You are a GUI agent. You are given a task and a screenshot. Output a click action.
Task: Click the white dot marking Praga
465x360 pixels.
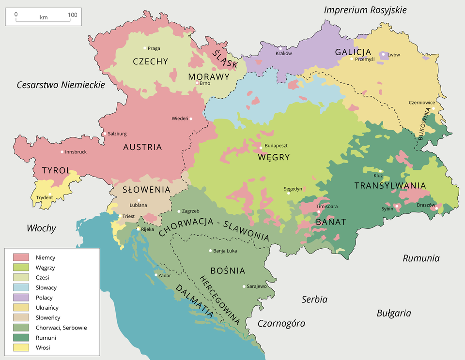[x=144, y=48]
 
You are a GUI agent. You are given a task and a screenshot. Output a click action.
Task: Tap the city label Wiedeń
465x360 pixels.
[x=180, y=119]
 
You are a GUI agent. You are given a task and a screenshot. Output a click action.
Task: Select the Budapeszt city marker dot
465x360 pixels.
[x=261, y=148]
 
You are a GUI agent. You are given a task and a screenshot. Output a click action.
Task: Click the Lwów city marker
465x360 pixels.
[x=383, y=55]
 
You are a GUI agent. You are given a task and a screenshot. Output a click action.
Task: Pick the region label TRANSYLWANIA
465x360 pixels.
[x=390, y=186]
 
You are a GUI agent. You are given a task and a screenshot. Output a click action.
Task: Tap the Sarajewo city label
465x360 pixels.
[x=257, y=286]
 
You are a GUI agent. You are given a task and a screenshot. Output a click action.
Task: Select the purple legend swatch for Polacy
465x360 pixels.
[x=21, y=298]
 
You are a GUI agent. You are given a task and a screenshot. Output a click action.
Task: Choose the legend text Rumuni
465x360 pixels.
[x=46, y=338]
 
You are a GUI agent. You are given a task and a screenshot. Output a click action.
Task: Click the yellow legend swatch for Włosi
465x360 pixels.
[x=21, y=348]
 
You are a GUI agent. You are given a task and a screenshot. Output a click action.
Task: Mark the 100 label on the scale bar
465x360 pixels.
[x=72, y=15]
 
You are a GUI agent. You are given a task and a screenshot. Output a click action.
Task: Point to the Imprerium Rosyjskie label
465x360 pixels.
[x=365, y=10]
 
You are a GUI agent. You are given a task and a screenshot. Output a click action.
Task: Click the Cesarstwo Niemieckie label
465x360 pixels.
[x=61, y=85]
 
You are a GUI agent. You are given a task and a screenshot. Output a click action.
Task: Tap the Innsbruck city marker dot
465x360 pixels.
[x=62, y=152]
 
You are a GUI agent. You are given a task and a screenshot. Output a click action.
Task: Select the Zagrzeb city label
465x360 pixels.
[x=190, y=211]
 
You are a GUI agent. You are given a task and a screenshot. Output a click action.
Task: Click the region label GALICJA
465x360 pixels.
[x=353, y=52]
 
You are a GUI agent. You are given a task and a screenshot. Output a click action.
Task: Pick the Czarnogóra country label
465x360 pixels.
[x=281, y=323]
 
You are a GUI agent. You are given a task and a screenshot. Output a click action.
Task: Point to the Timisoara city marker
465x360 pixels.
[x=319, y=212]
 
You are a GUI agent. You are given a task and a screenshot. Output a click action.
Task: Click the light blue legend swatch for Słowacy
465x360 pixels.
[x=21, y=287]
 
